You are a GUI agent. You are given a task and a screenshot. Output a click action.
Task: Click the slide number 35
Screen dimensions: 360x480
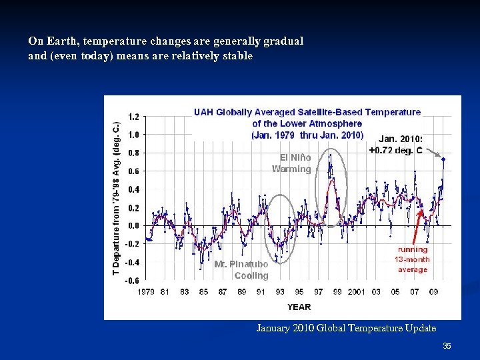click(447, 346)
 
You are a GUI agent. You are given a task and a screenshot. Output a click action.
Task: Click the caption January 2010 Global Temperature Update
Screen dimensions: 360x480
click(346, 328)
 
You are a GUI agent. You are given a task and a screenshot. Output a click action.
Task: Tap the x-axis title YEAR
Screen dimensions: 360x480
click(299, 307)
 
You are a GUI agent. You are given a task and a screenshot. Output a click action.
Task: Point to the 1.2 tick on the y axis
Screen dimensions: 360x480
click(133, 117)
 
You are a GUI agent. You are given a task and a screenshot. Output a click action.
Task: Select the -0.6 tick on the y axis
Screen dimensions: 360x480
click(132, 281)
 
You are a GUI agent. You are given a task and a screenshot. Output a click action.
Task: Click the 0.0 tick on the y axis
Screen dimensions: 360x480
click(133, 226)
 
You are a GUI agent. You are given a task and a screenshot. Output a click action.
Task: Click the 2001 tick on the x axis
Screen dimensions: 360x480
click(356, 291)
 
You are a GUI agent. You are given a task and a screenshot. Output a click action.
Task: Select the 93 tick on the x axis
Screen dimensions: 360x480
click(280, 291)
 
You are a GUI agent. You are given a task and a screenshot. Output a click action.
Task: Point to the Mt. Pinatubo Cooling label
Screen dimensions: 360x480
click(241, 270)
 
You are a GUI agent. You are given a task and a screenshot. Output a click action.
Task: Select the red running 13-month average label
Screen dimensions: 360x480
click(413, 259)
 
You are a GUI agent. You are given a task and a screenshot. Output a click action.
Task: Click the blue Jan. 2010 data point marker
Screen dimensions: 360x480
click(443, 159)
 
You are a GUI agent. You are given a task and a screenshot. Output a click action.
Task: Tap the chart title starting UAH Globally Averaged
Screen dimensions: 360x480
click(307, 123)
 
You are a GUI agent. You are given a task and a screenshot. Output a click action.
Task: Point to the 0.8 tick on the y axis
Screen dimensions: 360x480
click(133, 153)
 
